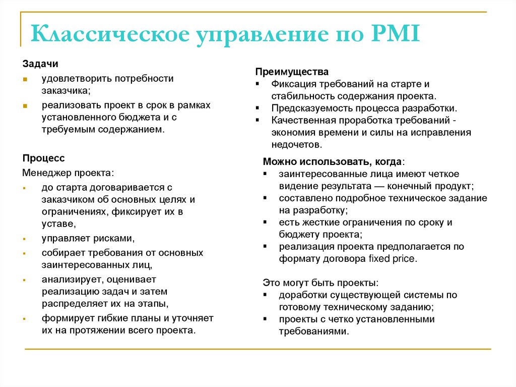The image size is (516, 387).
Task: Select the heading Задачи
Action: [x=40, y=65]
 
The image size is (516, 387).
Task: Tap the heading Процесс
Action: [x=43, y=158]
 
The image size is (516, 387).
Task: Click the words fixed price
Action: [x=392, y=259]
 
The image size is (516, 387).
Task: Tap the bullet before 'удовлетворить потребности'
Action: [x=25, y=79]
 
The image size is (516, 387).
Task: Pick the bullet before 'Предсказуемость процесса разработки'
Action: [x=257, y=108]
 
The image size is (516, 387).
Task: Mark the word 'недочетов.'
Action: [x=296, y=145]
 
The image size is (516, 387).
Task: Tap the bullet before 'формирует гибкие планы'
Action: [x=25, y=319]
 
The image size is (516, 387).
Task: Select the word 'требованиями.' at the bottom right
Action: [x=313, y=331]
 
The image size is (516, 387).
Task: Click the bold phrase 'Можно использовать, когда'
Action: [x=332, y=161]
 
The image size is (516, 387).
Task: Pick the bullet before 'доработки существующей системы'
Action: [x=265, y=295]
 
